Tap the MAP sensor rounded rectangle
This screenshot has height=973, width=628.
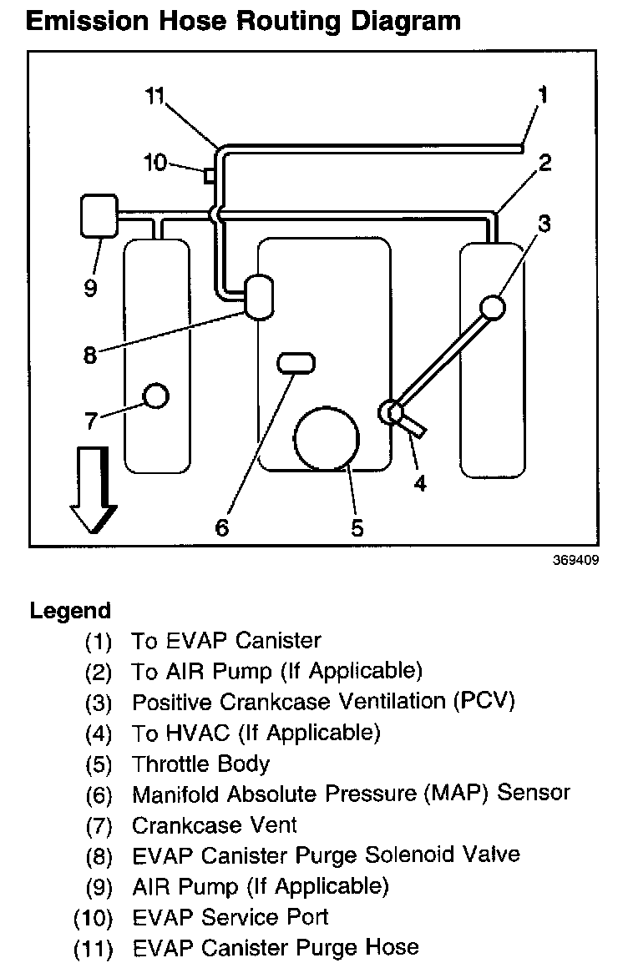(x=296, y=362)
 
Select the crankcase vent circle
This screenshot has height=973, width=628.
(x=156, y=395)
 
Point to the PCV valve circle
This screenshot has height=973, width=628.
(x=492, y=307)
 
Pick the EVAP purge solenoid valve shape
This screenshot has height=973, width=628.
(x=258, y=296)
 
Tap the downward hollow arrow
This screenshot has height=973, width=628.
(x=91, y=489)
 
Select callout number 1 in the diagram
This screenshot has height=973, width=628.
(x=543, y=94)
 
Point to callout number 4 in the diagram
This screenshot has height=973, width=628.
(x=419, y=482)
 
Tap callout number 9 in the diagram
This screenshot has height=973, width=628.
(x=90, y=288)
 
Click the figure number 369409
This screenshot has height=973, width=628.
(x=575, y=561)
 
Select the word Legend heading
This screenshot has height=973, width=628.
(x=70, y=611)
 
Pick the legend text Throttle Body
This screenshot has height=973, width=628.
(x=201, y=764)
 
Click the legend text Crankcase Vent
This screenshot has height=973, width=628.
(x=215, y=825)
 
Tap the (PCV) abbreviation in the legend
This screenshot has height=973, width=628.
(x=484, y=701)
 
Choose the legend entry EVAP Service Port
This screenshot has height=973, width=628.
(x=230, y=917)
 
